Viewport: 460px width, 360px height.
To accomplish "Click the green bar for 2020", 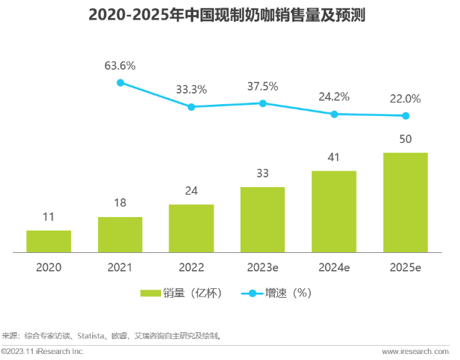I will (x=49, y=241).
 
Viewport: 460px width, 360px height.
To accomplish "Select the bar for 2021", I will (x=120, y=234).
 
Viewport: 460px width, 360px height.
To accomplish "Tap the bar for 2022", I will (x=191, y=228).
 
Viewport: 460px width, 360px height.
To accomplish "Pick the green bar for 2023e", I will (x=262, y=219).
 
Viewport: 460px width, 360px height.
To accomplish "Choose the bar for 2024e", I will (x=334, y=211).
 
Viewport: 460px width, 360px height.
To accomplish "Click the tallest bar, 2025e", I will (x=405, y=202).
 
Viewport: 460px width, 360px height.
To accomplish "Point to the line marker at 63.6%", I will (x=120, y=82).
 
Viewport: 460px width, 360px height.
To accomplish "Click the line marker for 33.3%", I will (x=191, y=107).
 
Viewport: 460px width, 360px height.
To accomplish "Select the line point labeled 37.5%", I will (x=262, y=103).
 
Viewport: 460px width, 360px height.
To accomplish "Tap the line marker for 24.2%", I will (x=334, y=114).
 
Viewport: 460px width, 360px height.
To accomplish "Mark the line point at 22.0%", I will (x=405, y=115).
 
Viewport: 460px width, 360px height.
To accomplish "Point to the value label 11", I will (x=49, y=218).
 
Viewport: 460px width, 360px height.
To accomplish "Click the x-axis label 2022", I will (x=191, y=266).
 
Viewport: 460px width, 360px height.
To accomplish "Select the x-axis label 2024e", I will (x=334, y=266).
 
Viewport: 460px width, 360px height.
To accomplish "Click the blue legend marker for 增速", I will (x=253, y=293).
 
